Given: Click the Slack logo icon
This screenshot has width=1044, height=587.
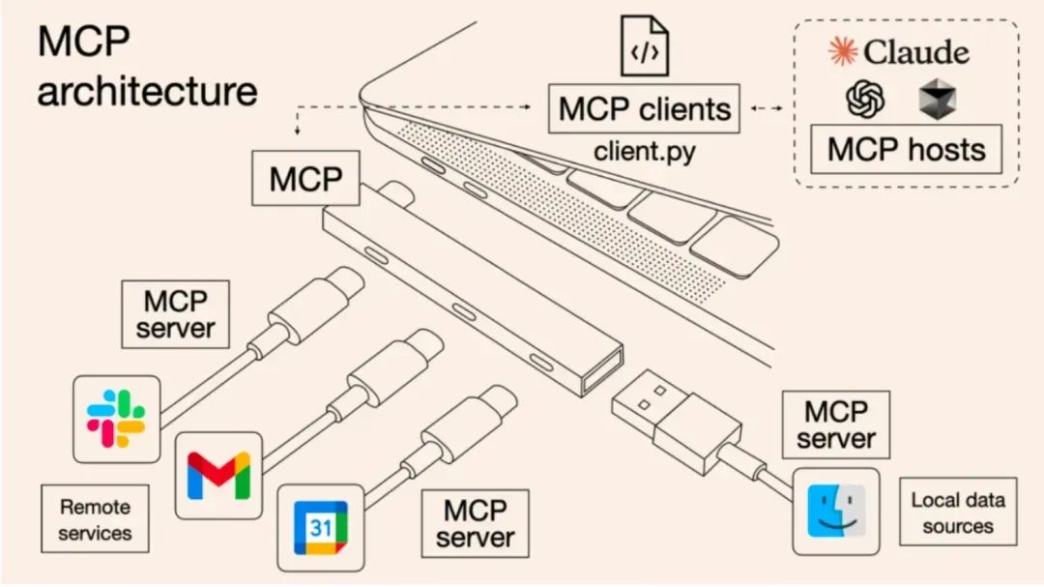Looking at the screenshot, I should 116,419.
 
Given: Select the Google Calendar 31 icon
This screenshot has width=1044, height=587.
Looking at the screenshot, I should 320,528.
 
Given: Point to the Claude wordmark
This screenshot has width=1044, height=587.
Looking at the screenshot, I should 899,51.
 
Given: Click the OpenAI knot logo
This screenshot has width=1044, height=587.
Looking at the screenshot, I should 866,98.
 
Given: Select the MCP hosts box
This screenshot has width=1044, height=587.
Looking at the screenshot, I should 906,149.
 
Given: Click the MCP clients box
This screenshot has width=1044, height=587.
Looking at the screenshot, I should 644,108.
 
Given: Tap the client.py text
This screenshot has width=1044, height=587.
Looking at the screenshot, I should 644,151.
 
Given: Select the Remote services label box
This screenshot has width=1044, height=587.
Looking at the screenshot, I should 95,519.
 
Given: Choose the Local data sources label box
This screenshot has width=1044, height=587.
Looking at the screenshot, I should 957,513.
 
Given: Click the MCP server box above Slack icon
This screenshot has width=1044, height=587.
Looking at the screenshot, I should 175,314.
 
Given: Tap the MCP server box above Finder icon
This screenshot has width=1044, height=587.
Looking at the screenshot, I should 835,425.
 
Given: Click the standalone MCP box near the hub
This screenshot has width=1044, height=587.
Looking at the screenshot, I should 306,178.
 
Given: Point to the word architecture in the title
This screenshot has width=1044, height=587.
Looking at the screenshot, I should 147,91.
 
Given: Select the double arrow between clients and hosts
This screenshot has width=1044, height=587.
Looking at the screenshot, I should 767,108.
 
